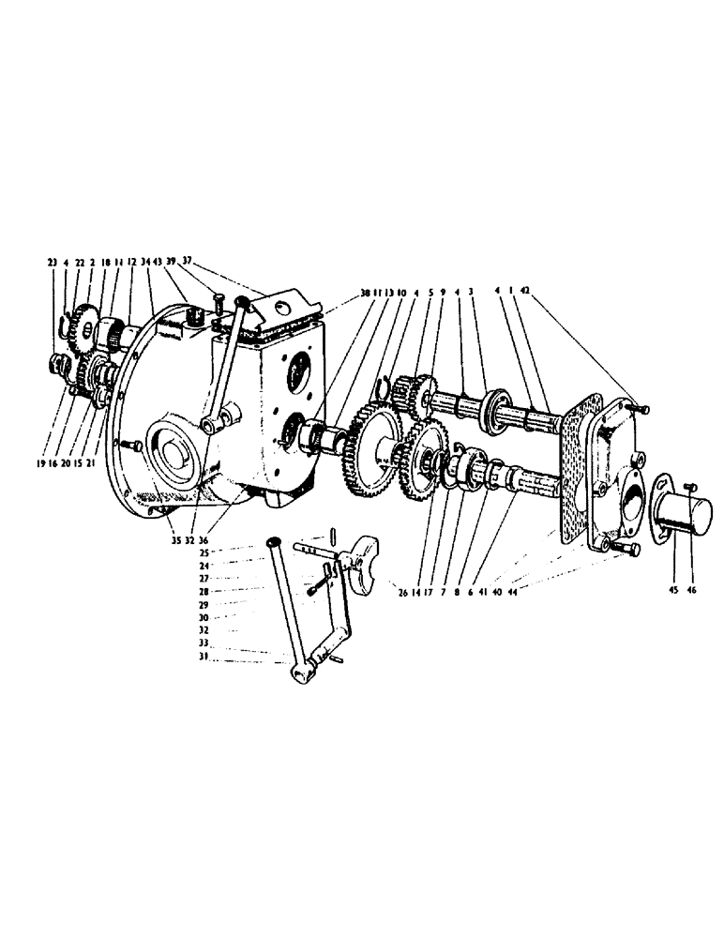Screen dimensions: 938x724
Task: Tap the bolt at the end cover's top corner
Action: pos(639,408)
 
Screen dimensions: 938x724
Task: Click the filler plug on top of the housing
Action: pos(198,316)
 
